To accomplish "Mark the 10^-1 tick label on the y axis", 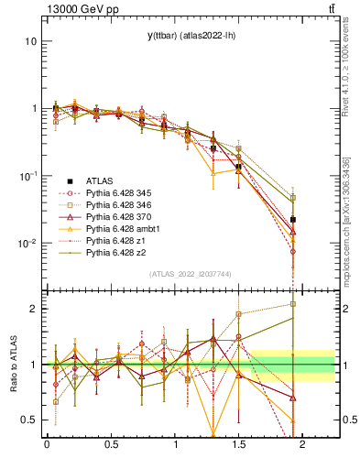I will [x=27, y=176].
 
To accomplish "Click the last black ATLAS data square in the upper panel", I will [x=293, y=220].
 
